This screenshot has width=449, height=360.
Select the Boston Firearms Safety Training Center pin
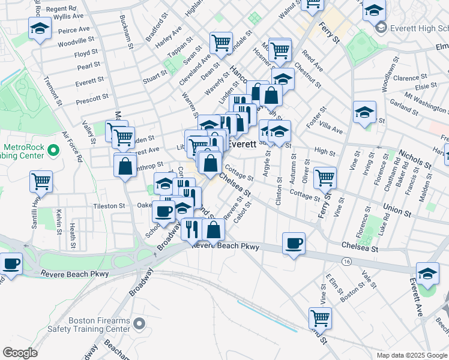(139, 325)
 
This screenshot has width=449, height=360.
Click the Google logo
(20, 353)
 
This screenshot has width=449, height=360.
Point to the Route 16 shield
(347, 262)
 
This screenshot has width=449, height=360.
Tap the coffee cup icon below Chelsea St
(294, 244)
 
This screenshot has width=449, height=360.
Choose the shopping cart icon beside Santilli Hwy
(41, 181)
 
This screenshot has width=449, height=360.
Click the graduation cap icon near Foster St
(364, 112)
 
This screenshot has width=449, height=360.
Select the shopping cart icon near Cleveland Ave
(221, 42)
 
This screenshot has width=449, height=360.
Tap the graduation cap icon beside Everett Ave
(427, 273)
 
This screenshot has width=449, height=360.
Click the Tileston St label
(109, 206)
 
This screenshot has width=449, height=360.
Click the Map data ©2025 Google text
(411, 355)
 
